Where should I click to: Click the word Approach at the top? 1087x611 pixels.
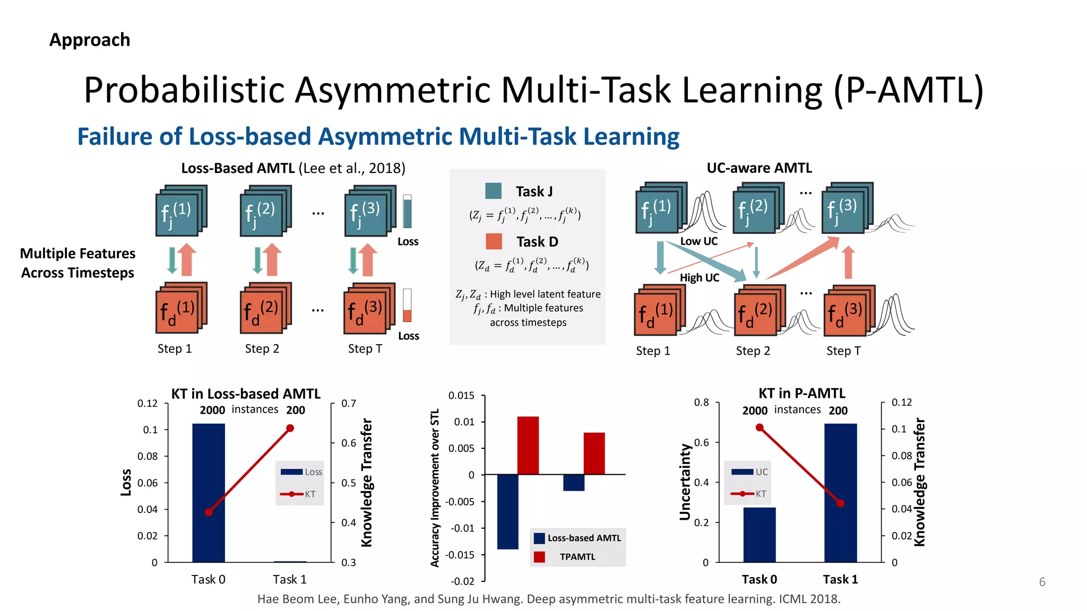click(x=90, y=40)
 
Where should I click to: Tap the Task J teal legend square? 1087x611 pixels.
click(x=493, y=191)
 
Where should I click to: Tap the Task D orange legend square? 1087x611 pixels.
click(x=494, y=241)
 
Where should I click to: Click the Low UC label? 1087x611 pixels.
click(x=698, y=241)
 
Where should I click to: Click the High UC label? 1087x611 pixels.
click(x=699, y=277)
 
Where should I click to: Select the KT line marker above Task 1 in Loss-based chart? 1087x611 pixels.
click(x=290, y=428)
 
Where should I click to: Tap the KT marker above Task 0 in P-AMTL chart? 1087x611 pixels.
click(x=760, y=427)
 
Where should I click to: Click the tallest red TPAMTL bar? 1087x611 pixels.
click(x=528, y=446)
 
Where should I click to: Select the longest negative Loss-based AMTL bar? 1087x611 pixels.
click(x=507, y=511)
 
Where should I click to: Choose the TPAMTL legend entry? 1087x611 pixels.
click(x=577, y=556)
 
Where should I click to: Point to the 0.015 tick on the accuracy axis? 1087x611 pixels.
click(x=461, y=396)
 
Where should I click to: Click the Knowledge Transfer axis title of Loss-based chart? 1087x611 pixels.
click(x=367, y=482)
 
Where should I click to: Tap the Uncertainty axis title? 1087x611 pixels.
click(x=685, y=482)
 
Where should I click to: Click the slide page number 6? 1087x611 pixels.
click(x=1042, y=582)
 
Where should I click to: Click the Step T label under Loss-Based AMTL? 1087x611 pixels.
click(x=365, y=349)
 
